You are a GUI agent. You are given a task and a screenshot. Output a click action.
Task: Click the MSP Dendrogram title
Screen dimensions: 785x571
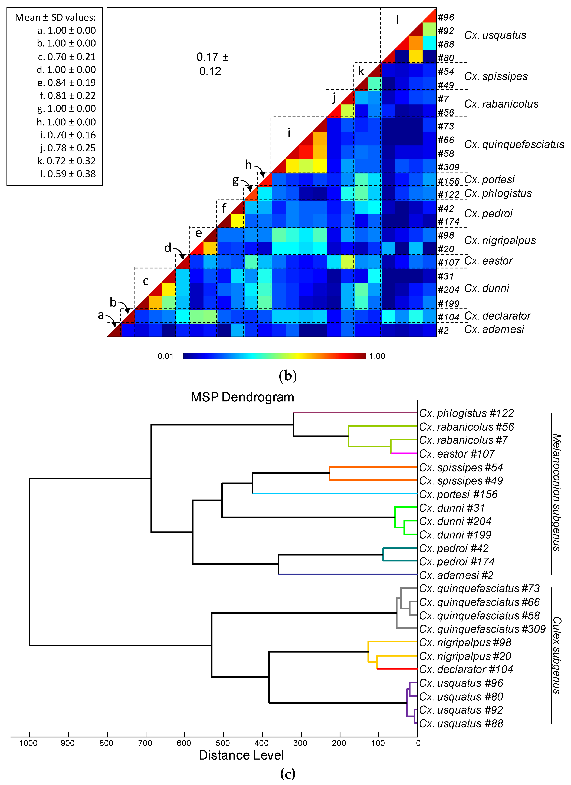pos(242,397)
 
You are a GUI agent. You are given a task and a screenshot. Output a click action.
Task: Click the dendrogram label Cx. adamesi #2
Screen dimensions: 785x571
pos(456,575)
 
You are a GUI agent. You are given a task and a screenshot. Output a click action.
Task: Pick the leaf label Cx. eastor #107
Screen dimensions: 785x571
pos(457,454)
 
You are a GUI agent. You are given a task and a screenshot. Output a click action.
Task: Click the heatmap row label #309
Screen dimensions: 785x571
pos(448,167)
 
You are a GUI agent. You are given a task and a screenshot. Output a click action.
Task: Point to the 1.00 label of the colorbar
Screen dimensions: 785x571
pos(377,356)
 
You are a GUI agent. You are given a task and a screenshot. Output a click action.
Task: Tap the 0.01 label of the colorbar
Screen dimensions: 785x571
pos(166,356)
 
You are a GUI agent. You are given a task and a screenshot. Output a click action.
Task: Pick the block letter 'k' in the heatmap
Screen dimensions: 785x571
pos(361,71)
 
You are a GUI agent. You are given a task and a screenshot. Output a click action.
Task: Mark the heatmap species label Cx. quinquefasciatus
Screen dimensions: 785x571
pos(514,144)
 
